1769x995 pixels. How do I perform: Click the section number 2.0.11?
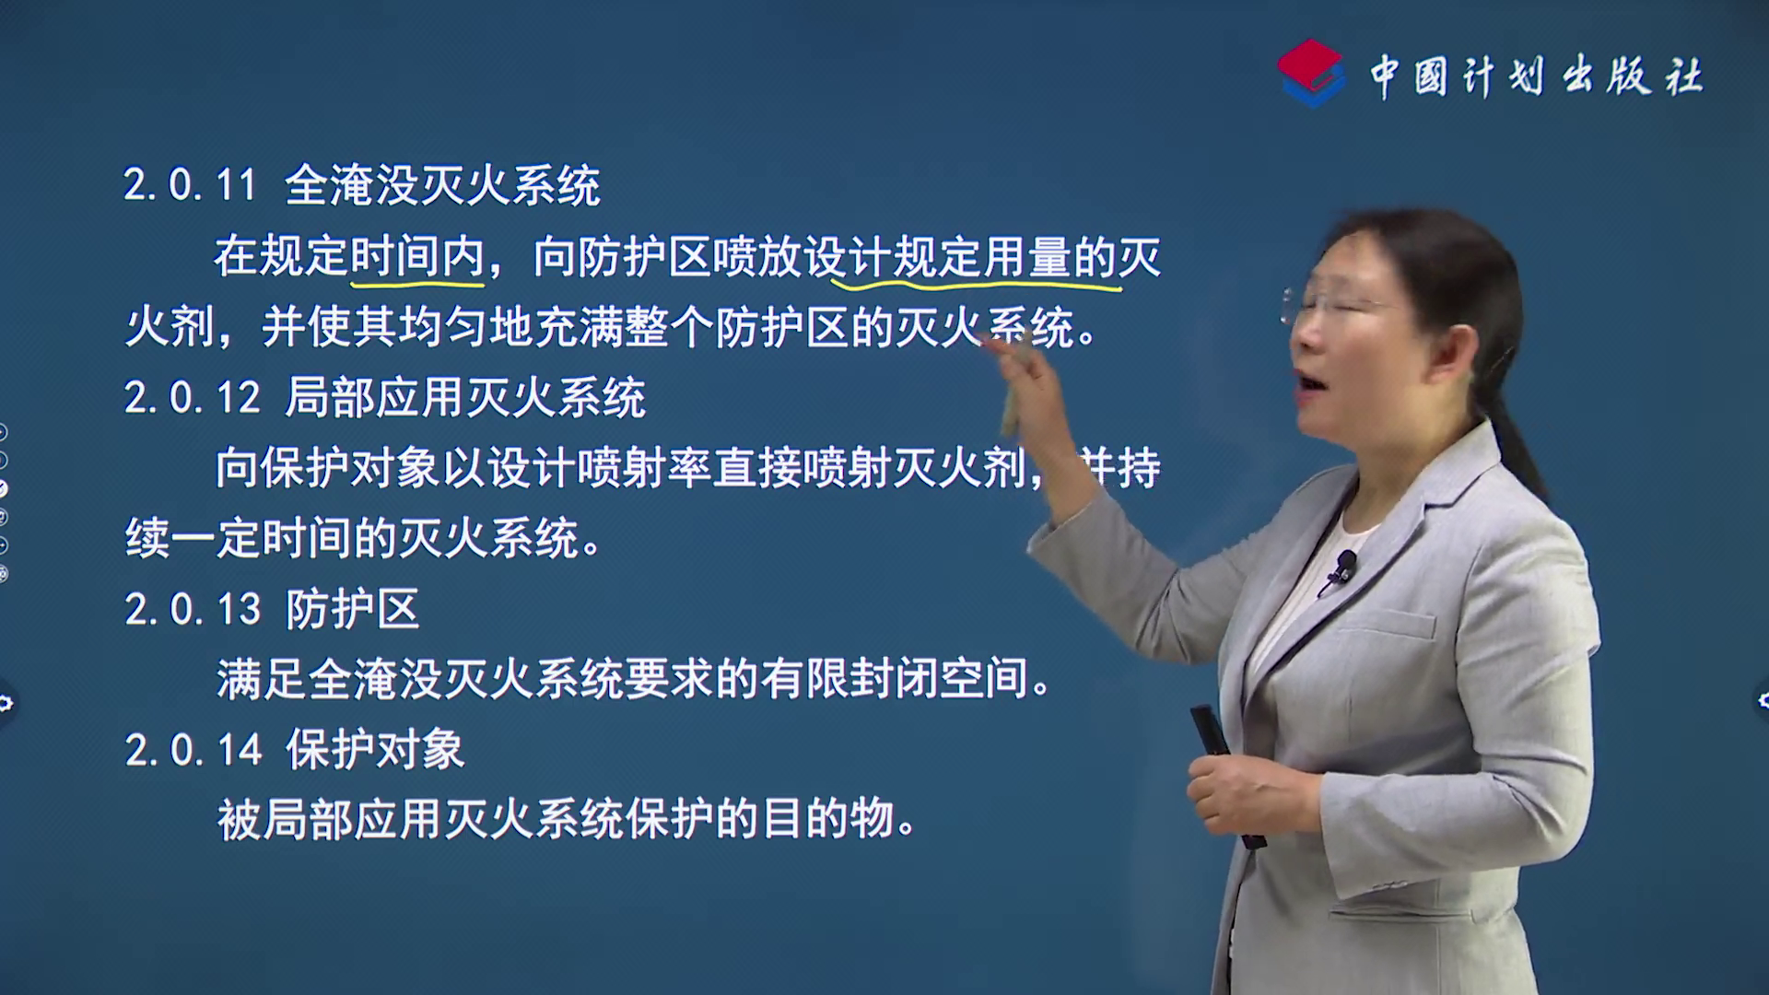point(191,185)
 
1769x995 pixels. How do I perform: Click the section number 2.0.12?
point(193,398)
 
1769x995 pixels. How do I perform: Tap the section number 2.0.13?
point(193,610)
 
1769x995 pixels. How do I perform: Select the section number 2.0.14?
point(193,750)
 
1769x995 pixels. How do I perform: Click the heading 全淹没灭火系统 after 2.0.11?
point(442,185)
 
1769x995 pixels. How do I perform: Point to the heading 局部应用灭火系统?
point(465,398)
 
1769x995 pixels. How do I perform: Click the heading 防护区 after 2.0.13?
point(353,609)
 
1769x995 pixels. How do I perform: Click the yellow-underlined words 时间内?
point(417,256)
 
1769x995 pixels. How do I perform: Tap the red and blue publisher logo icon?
point(1310,73)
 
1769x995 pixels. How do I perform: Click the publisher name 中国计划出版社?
point(1536,76)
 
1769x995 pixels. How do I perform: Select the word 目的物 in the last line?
point(827,819)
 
